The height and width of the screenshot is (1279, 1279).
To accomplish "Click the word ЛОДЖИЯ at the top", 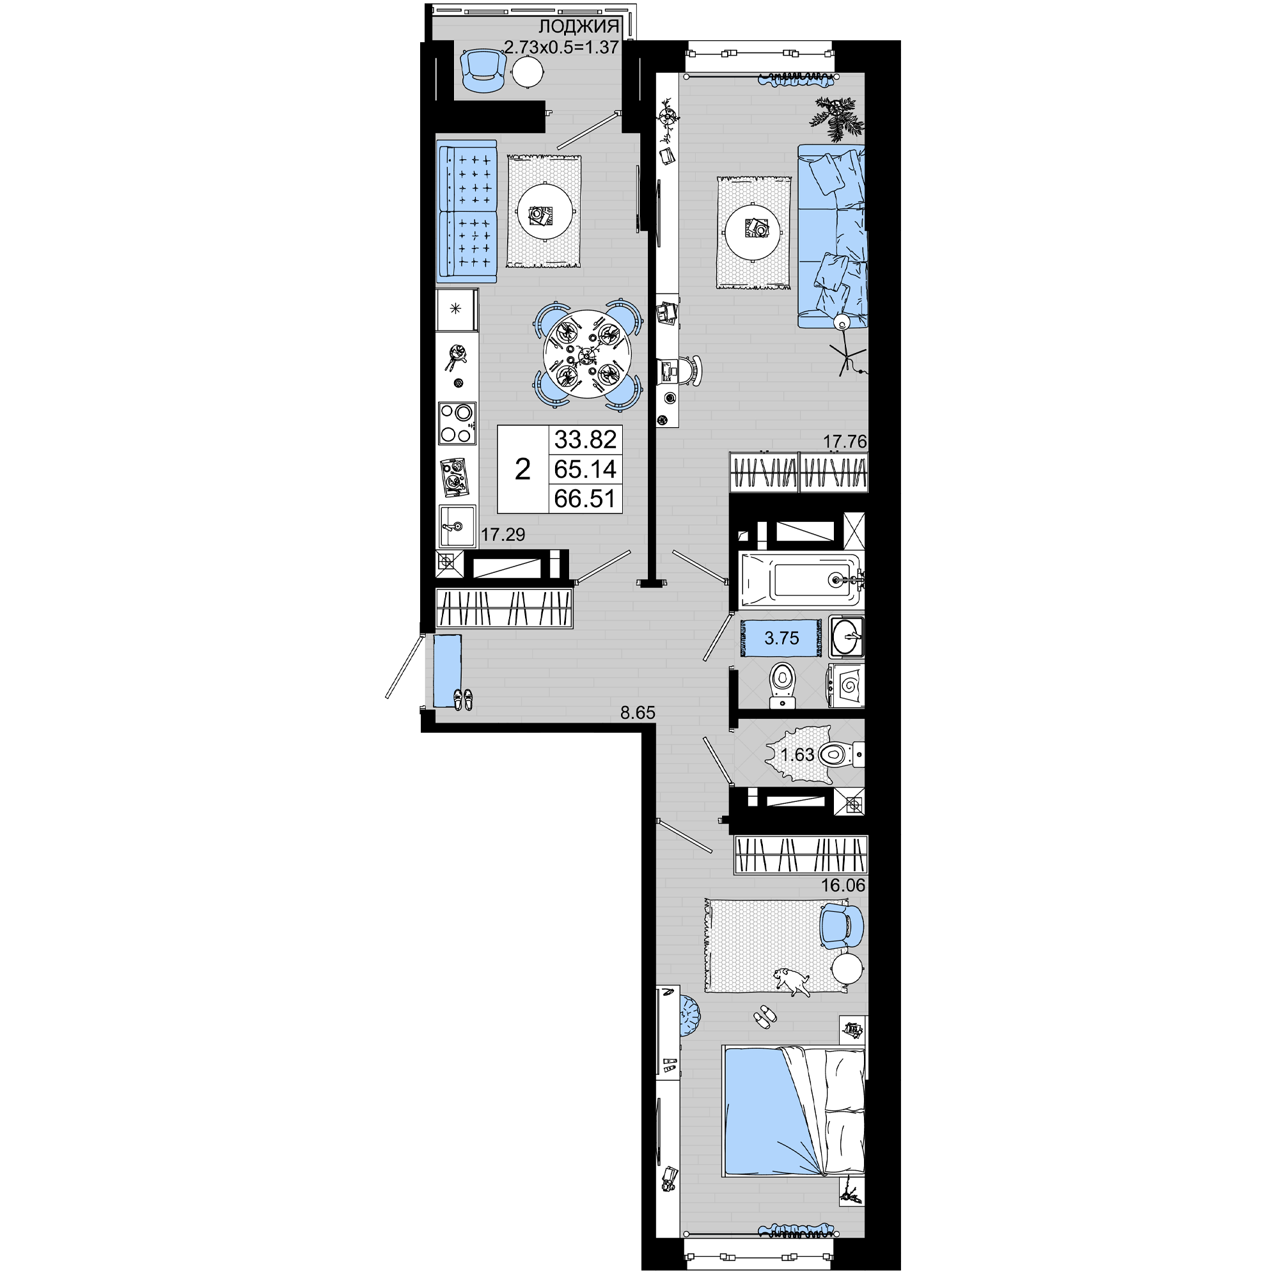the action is coord(579,27).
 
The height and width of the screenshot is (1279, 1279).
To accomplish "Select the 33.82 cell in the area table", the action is coord(585,439).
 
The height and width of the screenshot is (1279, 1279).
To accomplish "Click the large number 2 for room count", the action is coord(522,470).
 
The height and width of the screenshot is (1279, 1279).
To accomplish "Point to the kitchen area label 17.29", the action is coord(503,534).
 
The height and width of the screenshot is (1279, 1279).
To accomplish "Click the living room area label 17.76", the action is coord(845,441).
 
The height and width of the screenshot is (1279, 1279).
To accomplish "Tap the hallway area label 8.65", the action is coord(638,713).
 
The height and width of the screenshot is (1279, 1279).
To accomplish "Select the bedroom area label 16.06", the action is coord(844,886).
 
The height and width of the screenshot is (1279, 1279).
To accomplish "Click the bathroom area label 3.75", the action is coord(782,638).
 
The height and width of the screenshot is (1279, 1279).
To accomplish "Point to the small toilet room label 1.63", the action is coord(797,755).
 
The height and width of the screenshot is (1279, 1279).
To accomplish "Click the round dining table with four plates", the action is coord(587,356).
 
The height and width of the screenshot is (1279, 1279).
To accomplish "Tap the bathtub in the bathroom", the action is coord(801,581).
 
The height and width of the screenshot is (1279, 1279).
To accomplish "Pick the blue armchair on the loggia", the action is coord(483,72).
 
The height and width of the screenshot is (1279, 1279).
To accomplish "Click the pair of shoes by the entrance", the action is coord(463,699).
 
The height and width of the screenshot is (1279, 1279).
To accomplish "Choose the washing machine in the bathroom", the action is coord(846,686).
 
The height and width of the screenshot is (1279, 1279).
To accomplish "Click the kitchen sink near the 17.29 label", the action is coord(457,526).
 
